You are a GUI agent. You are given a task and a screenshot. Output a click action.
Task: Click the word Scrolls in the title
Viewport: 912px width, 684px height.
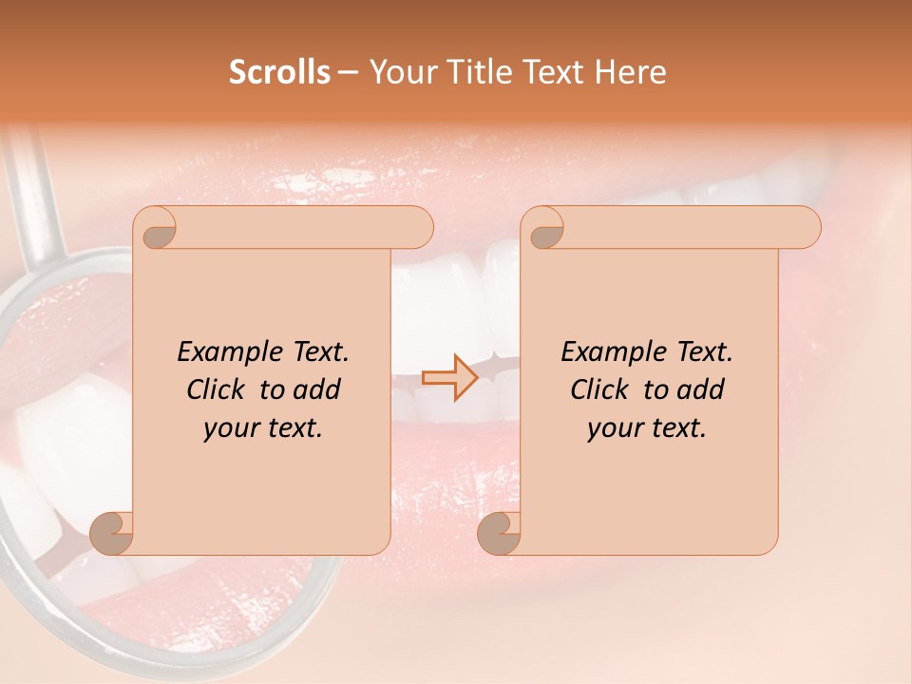(x=279, y=72)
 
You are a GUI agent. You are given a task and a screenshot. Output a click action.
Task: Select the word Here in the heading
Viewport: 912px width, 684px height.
(x=632, y=72)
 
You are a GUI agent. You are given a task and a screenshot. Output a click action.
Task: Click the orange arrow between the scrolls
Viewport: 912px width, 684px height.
(x=449, y=377)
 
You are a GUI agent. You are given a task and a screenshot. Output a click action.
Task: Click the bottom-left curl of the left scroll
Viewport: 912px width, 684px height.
(x=111, y=532)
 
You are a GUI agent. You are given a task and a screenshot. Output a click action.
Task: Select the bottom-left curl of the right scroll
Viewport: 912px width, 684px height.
(x=498, y=532)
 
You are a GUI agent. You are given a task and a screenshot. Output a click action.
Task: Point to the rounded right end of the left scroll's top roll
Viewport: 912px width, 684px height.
(x=418, y=227)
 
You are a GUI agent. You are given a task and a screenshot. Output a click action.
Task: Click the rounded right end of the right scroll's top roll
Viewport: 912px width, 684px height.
(x=806, y=227)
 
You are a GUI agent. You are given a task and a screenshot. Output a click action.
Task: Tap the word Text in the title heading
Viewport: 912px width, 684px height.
(x=553, y=72)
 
